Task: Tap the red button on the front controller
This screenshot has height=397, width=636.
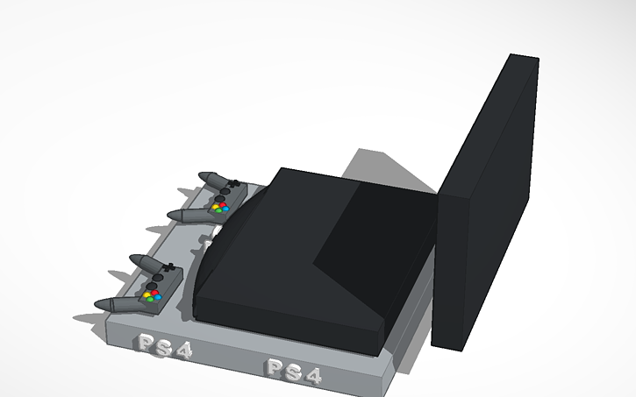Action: click(154, 292)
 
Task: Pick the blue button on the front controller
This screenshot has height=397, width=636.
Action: click(159, 297)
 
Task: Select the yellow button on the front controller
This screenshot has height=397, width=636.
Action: click(146, 294)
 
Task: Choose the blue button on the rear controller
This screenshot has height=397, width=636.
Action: click(225, 209)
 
